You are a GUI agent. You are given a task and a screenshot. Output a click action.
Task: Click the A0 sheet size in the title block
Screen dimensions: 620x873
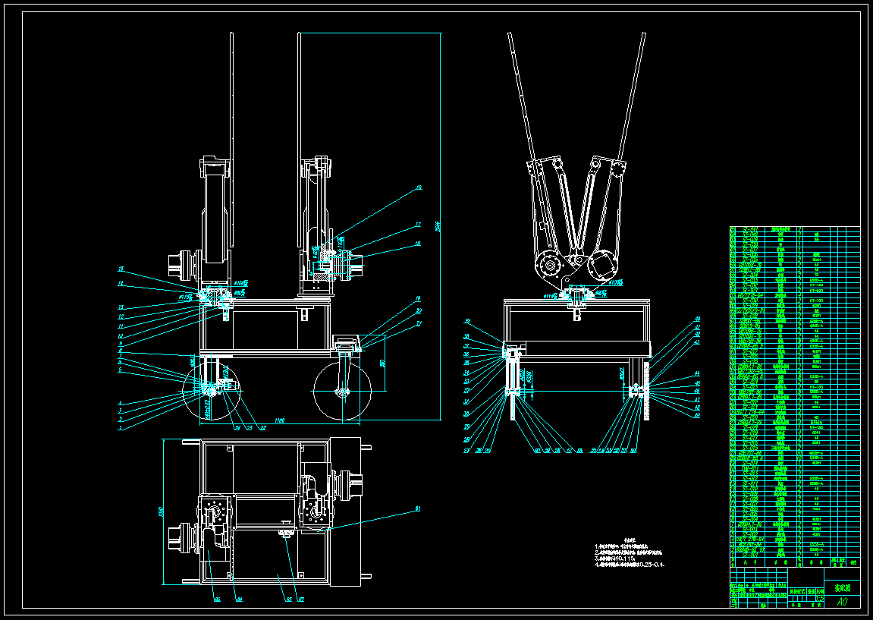pyautogui.click(x=841, y=602)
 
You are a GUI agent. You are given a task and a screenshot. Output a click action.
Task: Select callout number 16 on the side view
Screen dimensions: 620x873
pyautogui.click(x=418, y=187)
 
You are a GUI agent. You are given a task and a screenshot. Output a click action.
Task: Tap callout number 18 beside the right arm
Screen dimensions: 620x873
pyautogui.click(x=418, y=244)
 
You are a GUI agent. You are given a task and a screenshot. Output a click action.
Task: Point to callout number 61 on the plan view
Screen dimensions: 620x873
pyautogui.click(x=417, y=508)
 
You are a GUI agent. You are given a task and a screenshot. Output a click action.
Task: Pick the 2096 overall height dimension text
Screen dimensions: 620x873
pyautogui.click(x=438, y=226)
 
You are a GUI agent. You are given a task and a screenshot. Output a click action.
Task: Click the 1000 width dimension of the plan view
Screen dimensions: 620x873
pyautogui.click(x=160, y=513)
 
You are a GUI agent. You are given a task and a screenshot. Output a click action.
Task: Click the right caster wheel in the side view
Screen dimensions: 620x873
pyautogui.click(x=342, y=392)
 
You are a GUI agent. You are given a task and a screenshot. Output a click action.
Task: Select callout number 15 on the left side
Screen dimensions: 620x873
pyautogui.click(x=120, y=269)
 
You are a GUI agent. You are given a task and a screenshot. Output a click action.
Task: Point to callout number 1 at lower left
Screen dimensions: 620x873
pyautogui.click(x=119, y=427)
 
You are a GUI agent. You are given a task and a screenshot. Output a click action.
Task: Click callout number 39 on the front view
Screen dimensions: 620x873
pyautogui.click(x=467, y=321)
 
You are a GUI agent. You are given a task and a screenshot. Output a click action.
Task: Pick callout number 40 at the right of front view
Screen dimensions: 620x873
pyautogui.click(x=697, y=319)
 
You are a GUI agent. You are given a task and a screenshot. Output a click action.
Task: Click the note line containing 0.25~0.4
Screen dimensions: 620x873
pyautogui.click(x=632, y=565)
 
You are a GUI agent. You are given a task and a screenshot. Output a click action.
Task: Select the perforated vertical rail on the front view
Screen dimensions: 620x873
pyautogui.click(x=645, y=390)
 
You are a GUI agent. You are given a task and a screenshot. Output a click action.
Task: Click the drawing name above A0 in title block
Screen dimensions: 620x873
pyautogui.click(x=843, y=587)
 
